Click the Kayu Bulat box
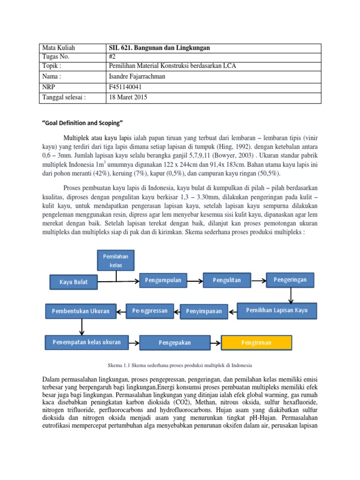coord(73,282)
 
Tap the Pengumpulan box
coord(163,280)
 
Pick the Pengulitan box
coord(226,280)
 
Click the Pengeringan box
coord(290,280)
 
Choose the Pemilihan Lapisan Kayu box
coord(277,310)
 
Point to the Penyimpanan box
coord(204,311)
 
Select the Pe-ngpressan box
coord(150,311)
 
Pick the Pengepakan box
coord(174,343)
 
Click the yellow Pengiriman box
coord(256,343)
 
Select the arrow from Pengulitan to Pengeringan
coord(258,280)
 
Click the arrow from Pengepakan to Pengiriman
coord(215,343)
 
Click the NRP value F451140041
coord(125,87)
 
